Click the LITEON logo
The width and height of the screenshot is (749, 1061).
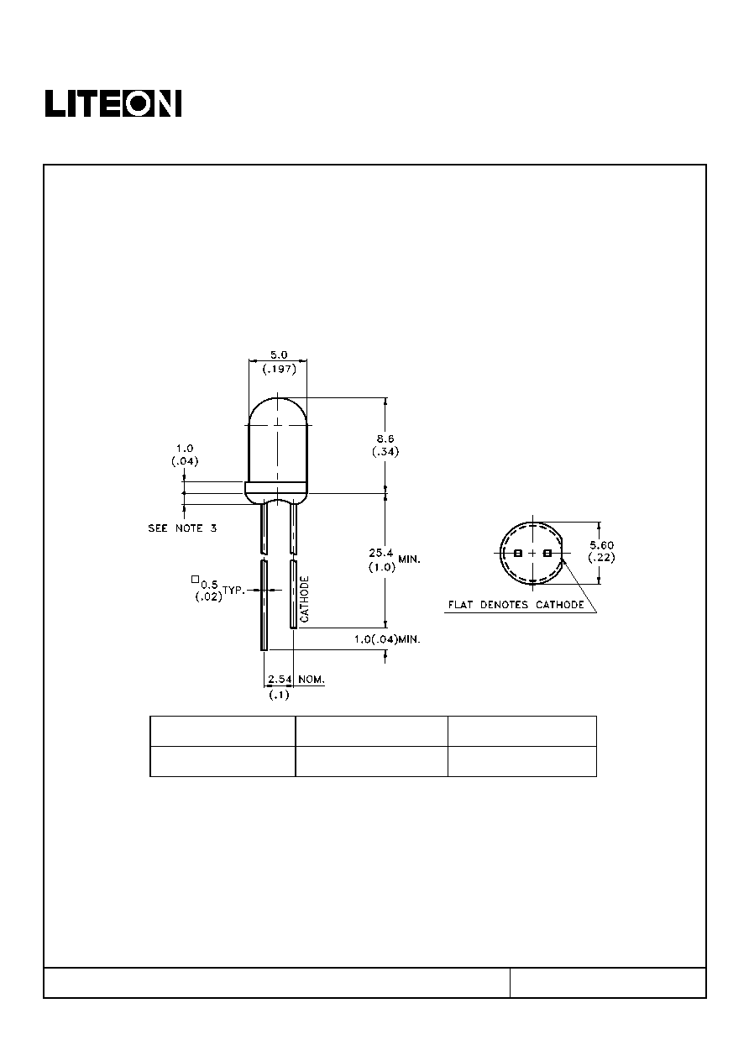(x=113, y=103)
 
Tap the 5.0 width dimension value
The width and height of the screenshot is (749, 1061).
(x=279, y=355)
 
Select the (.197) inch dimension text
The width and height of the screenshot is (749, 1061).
(x=280, y=369)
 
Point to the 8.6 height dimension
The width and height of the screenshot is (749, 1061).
(x=385, y=439)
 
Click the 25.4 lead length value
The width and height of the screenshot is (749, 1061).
(x=381, y=553)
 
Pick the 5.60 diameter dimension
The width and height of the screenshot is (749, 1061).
(x=601, y=545)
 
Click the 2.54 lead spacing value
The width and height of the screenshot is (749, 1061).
(x=280, y=680)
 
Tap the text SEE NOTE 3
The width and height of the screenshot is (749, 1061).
(x=182, y=528)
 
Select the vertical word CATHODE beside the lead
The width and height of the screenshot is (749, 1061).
(x=305, y=599)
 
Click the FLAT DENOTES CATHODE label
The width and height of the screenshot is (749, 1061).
(x=516, y=605)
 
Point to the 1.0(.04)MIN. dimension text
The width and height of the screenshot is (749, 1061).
(x=387, y=639)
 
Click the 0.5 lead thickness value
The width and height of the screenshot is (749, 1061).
(x=209, y=585)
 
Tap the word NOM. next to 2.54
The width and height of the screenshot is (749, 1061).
(x=312, y=680)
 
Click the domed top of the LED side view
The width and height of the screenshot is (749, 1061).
(x=278, y=400)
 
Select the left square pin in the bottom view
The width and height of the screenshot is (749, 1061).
(x=517, y=553)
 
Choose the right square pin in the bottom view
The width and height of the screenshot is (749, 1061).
(x=547, y=553)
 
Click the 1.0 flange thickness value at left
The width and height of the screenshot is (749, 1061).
(x=185, y=448)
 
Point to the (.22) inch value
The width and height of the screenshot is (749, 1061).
(x=601, y=558)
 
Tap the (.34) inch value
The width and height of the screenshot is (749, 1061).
(x=385, y=452)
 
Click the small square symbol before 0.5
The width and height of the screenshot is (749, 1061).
(x=195, y=579)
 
